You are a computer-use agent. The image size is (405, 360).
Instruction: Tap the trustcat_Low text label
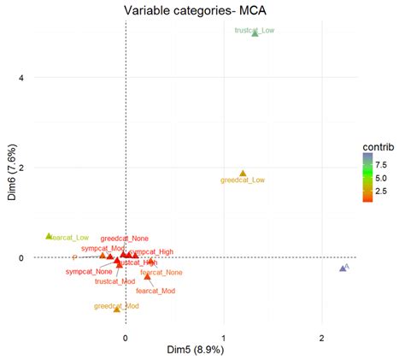(254, 30)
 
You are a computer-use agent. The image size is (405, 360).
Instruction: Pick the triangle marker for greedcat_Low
(243, 174)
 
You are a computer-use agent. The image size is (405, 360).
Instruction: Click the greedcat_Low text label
(243, 180)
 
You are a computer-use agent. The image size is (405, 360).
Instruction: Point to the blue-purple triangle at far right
(343, 269)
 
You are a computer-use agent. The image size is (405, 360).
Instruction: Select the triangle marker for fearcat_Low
(49, 236)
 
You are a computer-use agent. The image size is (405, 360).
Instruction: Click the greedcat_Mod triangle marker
(117, 309)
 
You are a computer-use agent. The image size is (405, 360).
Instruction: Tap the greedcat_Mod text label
(116, 305)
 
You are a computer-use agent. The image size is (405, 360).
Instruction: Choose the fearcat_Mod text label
(156, 291)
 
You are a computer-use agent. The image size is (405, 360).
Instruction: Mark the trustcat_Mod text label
(115, 280)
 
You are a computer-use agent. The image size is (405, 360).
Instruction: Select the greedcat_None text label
(124, 239)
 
